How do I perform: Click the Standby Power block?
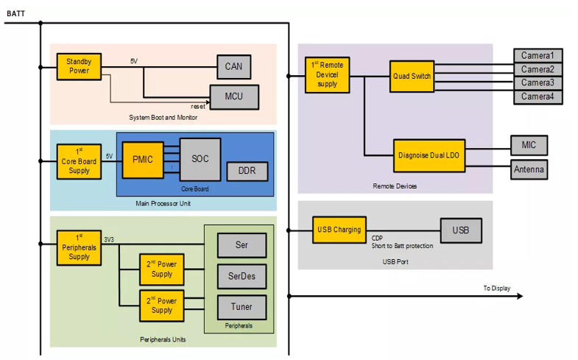(79, 66)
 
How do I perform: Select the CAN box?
(233, 67)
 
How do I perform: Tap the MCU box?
(233, 96)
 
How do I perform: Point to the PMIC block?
(143, 159)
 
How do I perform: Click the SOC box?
(200, 159)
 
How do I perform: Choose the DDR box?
(247, 172)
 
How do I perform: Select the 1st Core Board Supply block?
(79, 160)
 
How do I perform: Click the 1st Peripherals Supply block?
(79, 247)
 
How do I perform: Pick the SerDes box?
(242, 276)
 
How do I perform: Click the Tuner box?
(242, 307)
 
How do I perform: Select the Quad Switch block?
(412, 77)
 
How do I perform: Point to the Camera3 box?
(538, 83)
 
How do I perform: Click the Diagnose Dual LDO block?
(429, 155)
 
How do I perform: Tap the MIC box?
(529, 145)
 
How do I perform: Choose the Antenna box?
(529, 170)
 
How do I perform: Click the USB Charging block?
(339, 230)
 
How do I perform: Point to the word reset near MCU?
(198, 107)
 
